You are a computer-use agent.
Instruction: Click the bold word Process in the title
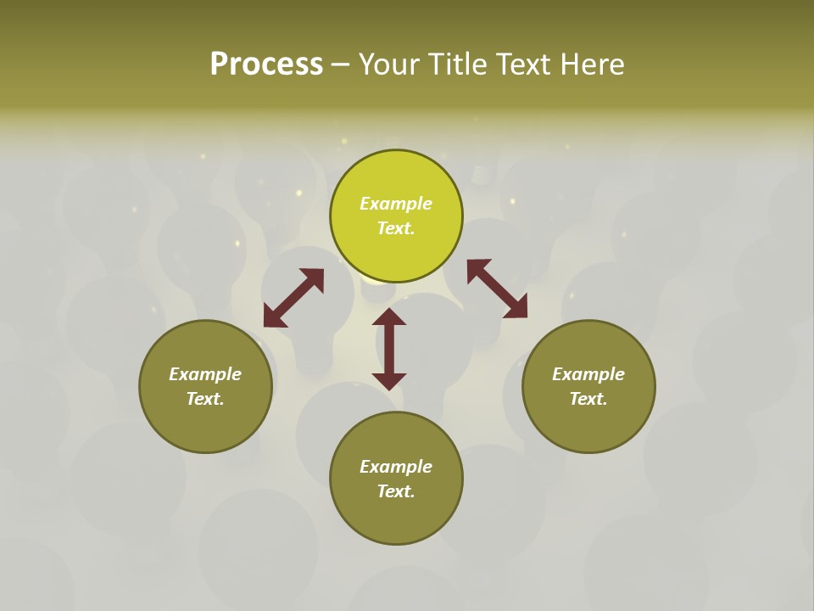coord(266,64)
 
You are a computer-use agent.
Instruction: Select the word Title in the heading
coord(458,64)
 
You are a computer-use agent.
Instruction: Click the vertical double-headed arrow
coord(389,349)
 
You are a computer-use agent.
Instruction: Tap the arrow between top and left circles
coord(293,298)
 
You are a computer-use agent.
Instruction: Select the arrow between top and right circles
coord(497,289)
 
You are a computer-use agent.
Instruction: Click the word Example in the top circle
coord(396,204)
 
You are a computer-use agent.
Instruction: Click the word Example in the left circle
coord(205,374)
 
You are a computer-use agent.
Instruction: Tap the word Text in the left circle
coord(205,399)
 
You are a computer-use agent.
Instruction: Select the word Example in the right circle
coord(588,374)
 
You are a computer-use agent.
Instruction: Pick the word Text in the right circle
coord(588,399)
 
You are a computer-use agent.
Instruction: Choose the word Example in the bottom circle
coord(396,467)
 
